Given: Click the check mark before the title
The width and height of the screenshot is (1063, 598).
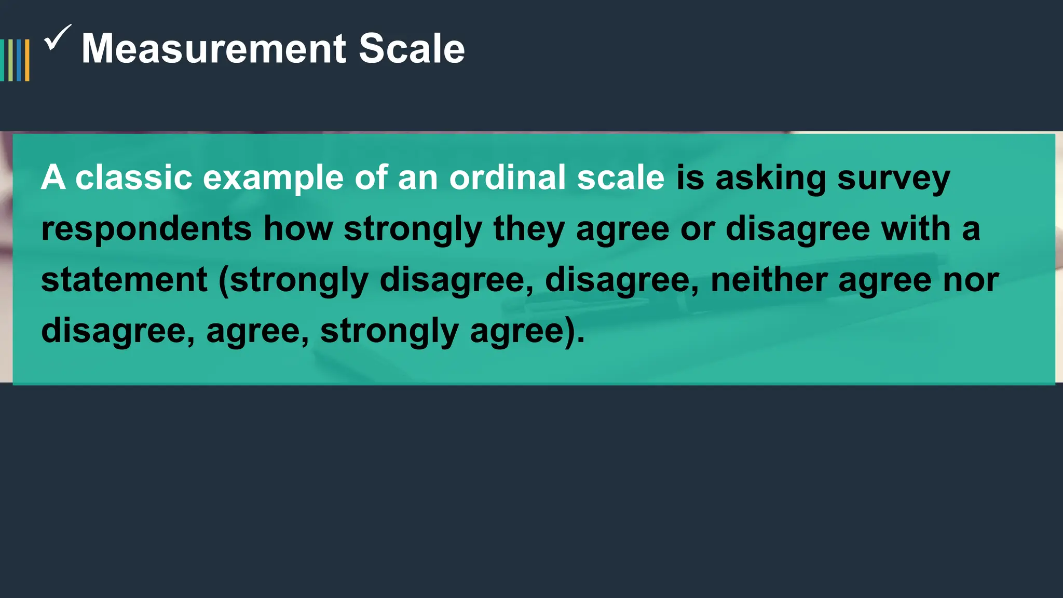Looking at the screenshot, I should [x=57, y=38].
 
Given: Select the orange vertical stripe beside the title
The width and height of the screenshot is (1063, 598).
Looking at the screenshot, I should [x=27, y=60].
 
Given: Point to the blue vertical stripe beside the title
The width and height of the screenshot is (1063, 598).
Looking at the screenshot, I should [x=19, y=60].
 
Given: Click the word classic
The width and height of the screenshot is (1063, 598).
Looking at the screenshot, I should [x=134, y=178].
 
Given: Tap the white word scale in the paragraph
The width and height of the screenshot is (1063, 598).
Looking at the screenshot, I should [x=620, y=178].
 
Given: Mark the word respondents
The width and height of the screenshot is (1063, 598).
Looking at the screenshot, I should [x=146, y=229].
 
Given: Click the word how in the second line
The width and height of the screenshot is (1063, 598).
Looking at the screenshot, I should [x=298, y=228].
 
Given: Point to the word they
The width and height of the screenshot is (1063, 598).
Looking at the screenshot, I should [x=528, y=229].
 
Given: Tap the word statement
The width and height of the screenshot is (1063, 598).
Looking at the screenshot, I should [x=125, y=280].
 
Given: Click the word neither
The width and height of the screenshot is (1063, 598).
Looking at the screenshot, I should [x=768, y=280].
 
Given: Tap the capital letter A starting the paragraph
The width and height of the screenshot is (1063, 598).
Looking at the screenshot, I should [x=53, y=178].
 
